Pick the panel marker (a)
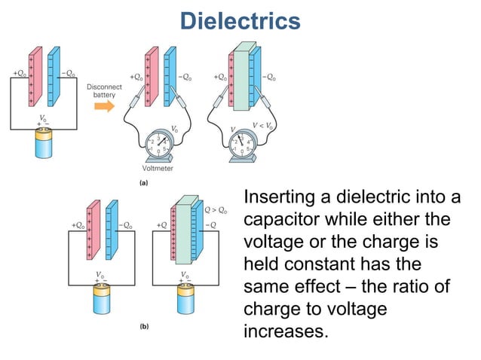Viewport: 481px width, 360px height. pos(144,182)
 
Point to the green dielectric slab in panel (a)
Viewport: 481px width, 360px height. pos(243,75)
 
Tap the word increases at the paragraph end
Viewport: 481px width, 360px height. pos(286,331)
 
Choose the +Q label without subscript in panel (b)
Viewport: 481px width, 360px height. pos(161,225)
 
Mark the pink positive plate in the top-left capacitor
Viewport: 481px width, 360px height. pos(33,75)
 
